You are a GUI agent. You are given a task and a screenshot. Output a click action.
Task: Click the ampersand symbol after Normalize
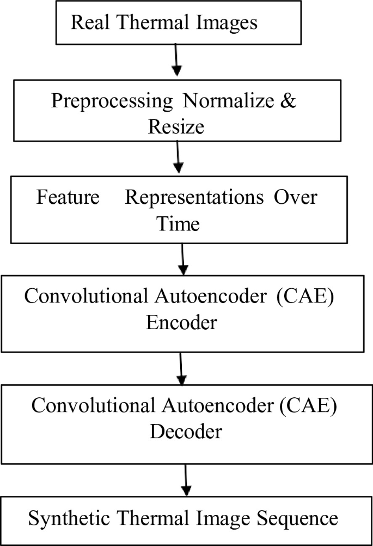click(x=289, y=102)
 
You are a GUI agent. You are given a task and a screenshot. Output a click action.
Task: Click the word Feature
click(x=68, y=198)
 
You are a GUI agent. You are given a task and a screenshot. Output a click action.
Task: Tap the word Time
click(x=179, y=223)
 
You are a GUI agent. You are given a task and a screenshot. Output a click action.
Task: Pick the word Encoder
click(x=181, y=322)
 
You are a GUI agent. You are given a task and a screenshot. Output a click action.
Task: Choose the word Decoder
click(x=186, y=431)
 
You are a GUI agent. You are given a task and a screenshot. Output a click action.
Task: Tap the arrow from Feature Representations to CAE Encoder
click(x=183, y=258)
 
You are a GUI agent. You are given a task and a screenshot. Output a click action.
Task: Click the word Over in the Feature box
click(x=296, y=198)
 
